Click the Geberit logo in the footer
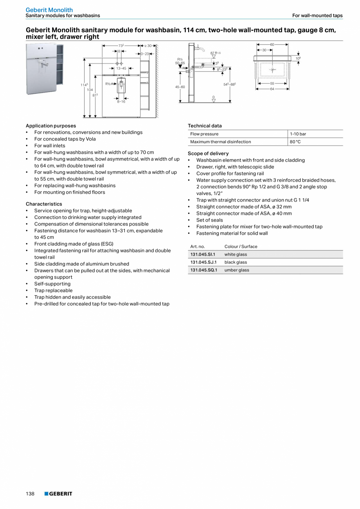[58, 494]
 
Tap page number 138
[30, 494]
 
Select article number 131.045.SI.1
[203, 254]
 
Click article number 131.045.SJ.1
[203, 262]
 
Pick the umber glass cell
[237, 270]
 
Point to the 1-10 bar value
[298, 134]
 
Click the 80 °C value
[295, 142]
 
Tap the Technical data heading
[205, 126]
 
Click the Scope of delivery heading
[208, 153]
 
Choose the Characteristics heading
[44, 204]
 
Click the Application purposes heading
[51, 126]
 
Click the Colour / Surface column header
[241, 247]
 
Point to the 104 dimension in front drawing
[90, 90]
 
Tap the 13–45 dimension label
[121, 68]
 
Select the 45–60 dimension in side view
[180, 87]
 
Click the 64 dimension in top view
[272, 89]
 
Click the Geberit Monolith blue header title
[49, 10]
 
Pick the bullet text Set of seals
[209, 220]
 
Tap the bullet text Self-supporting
[52, 284]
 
